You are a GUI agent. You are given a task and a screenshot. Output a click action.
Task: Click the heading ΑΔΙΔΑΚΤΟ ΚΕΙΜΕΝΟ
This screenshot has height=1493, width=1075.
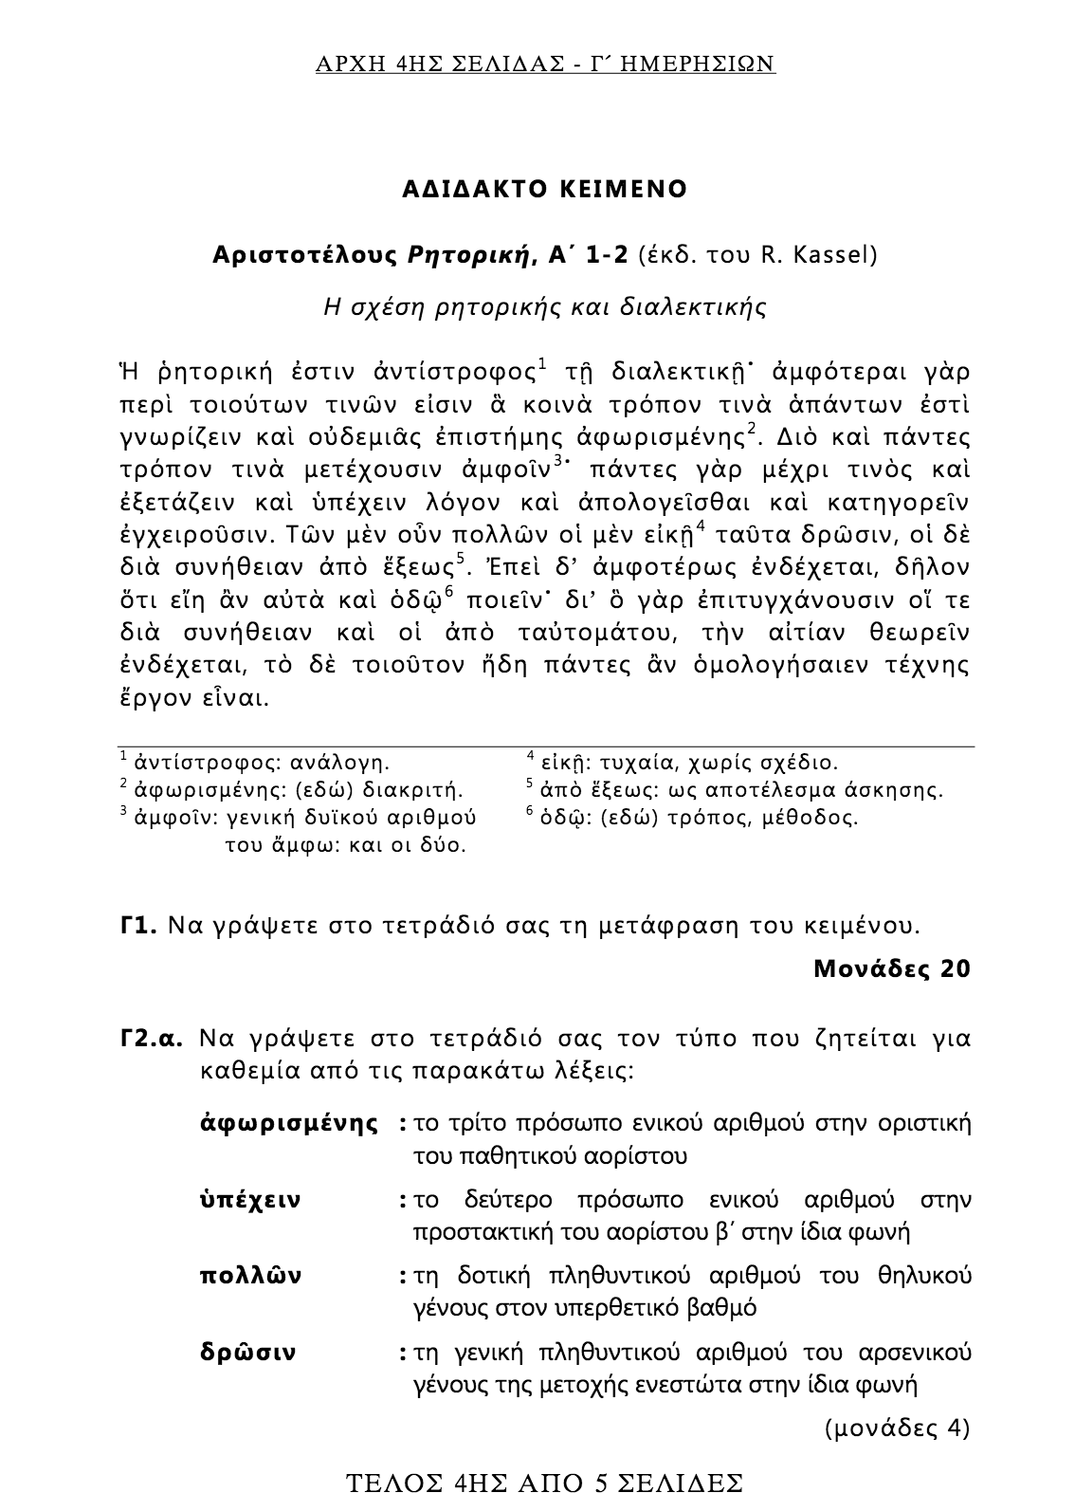coord(544,189)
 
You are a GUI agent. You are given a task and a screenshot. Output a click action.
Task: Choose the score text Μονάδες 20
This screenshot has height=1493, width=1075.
coord(892,968)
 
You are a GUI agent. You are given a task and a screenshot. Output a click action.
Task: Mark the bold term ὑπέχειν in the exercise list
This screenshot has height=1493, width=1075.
coord(250,1200)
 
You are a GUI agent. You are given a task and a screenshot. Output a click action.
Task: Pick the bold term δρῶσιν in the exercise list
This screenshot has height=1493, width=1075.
coord(247,1352)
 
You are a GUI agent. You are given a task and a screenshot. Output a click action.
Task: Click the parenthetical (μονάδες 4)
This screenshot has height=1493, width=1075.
coord(898,1428)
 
